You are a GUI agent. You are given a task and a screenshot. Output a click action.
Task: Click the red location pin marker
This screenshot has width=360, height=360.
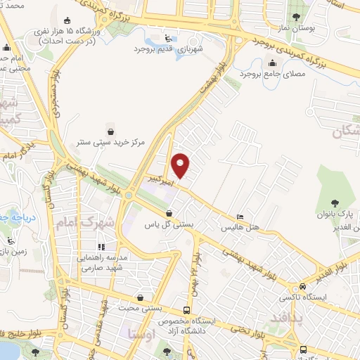(181, 166)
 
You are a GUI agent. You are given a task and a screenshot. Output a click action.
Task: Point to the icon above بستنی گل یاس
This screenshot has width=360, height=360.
(169, 214)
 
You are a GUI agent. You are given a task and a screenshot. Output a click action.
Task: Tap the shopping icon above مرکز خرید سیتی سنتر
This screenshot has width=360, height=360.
(110, 130)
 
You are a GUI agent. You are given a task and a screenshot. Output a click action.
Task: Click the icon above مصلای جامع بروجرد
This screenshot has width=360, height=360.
(252, 61)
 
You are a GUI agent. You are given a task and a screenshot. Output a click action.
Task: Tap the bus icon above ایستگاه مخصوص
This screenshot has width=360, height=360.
(186, 309)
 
